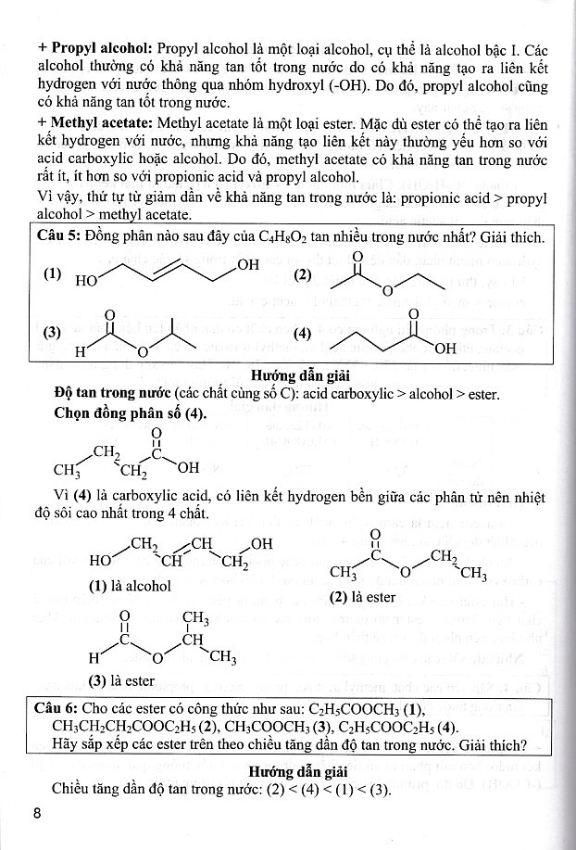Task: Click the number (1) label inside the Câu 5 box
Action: (x=52, y=275)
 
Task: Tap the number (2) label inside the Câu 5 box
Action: (x=302, y=275)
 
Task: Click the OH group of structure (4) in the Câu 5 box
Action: (x=445, y=349)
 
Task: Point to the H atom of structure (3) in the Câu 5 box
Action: (x=81, y=352)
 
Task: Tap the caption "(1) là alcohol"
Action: (x=130, y=586)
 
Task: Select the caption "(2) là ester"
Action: (x=362, y=597)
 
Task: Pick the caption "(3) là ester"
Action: (x=121, y=680)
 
